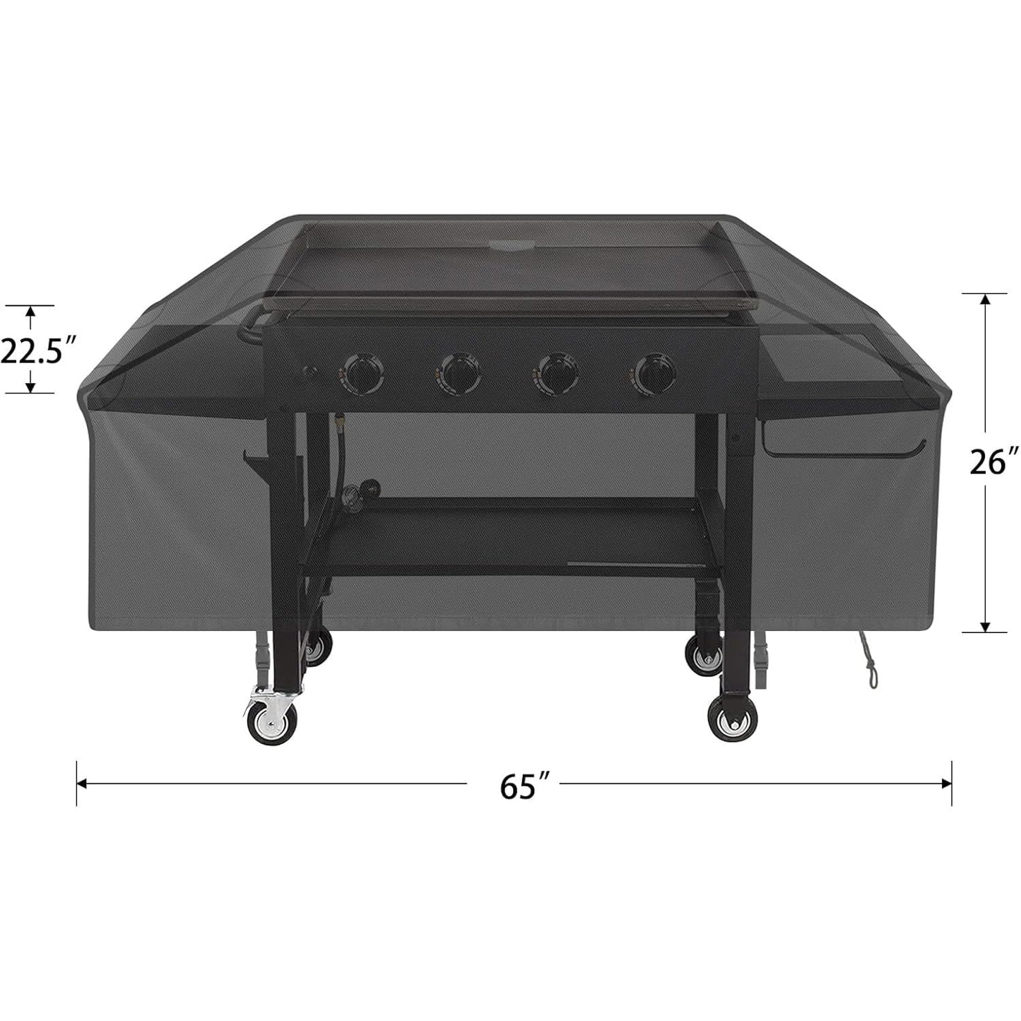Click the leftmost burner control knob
(x=362, y=372)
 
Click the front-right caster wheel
(x=731, y=721)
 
